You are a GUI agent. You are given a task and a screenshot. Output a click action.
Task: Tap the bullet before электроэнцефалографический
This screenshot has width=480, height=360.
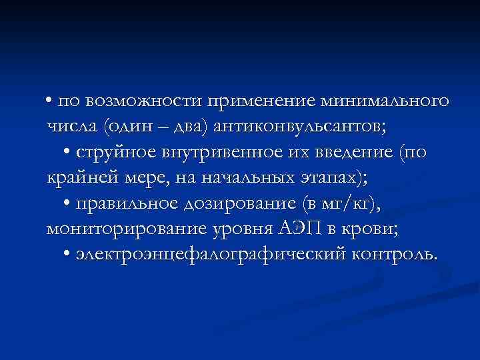(x=70, y=255)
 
